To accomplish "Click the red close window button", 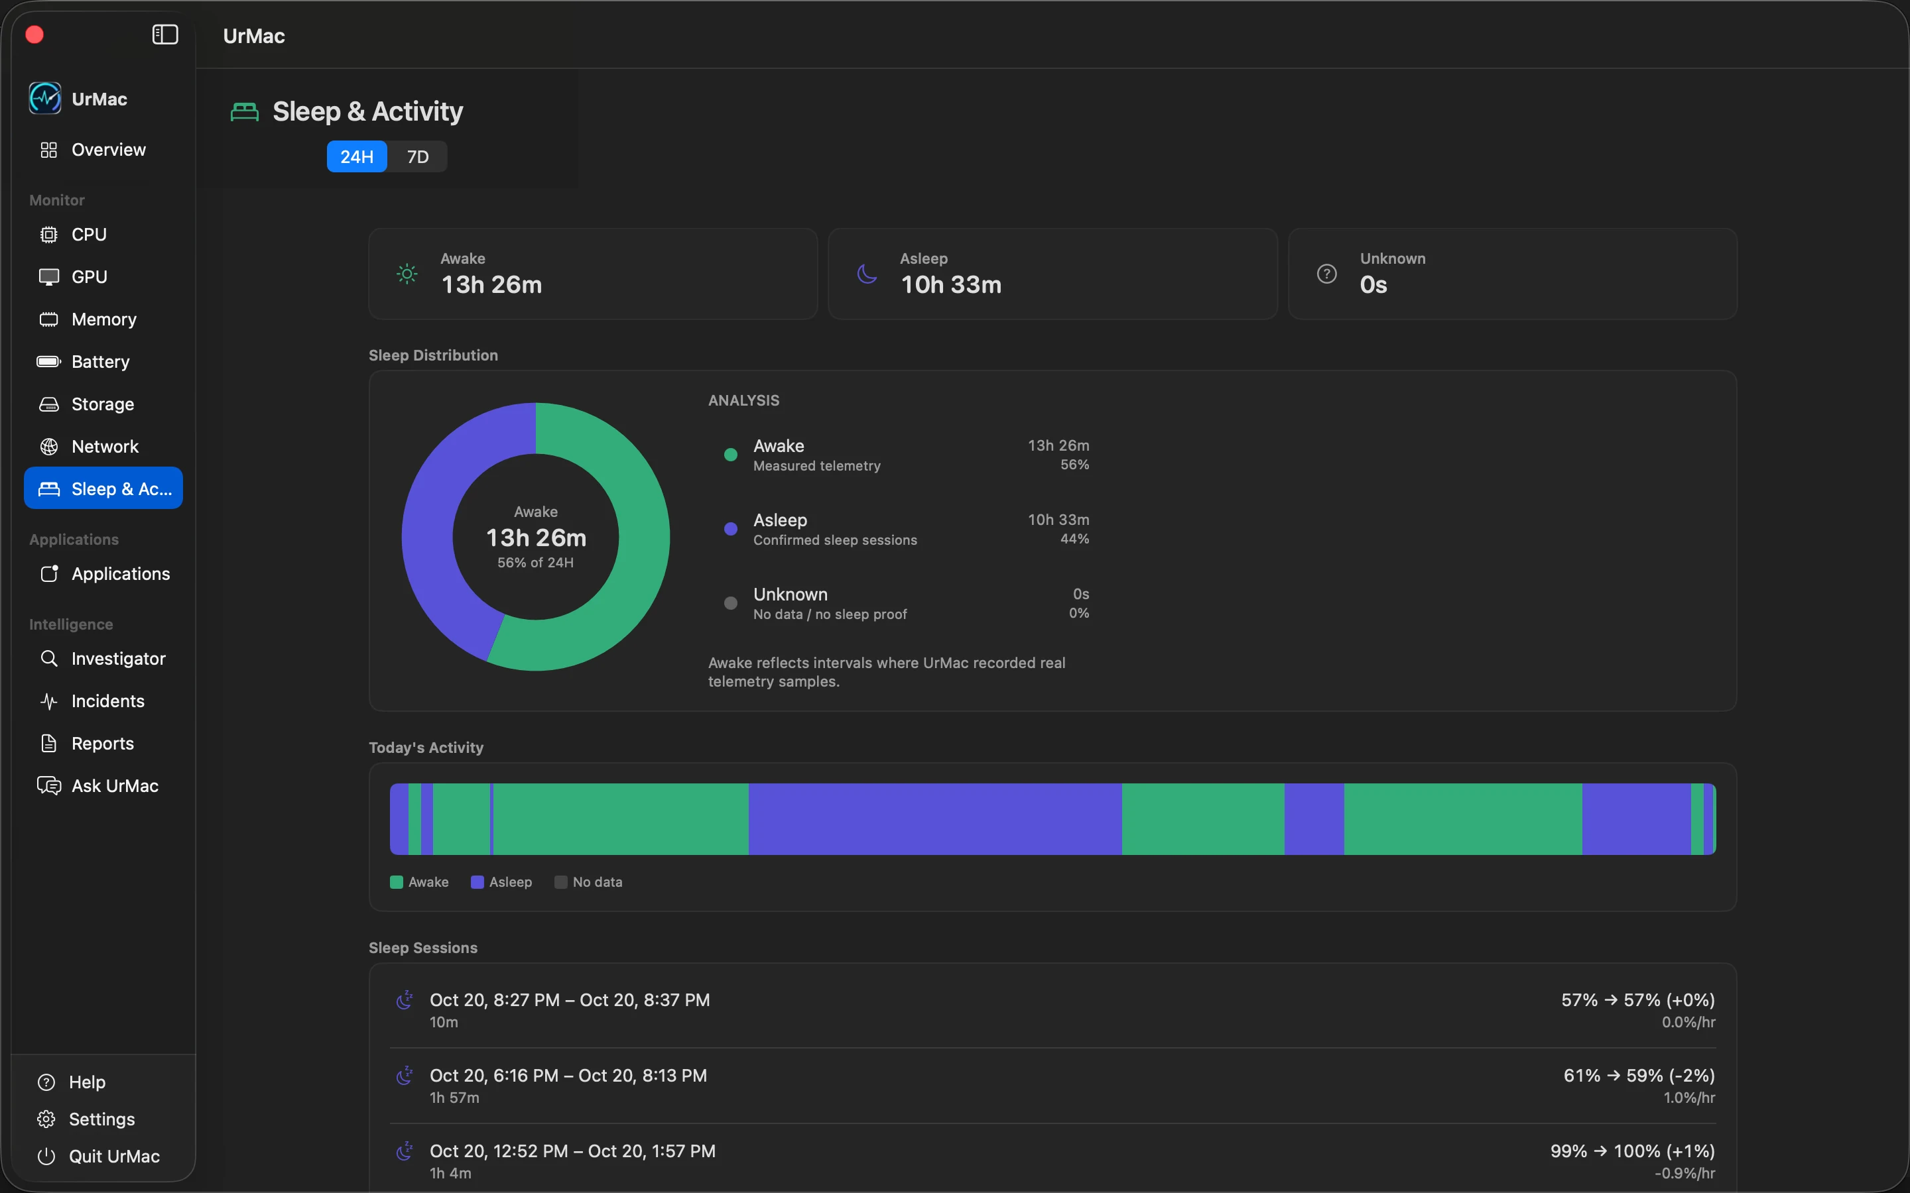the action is pos(34,34).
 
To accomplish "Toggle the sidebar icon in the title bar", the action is pos(165,34).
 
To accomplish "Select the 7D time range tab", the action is pos(418,157).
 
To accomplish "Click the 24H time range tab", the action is pos(357,157).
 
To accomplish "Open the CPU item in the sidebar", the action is pos(88,235).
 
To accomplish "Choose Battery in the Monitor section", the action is pos(100,361).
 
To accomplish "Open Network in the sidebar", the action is pos(105,447).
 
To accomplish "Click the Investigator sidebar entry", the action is pos(119,659).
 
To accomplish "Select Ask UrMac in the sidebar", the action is pos(115,786).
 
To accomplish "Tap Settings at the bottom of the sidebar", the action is pos(102,1119).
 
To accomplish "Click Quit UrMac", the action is pos(113,1156).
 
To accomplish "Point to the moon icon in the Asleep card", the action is pos(867,274).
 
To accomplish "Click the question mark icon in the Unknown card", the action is pos(1327,274).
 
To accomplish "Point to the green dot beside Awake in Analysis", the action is pos(731,455).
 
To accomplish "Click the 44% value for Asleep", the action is pos(1074,539).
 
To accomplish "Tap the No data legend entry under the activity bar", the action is pos(589,882).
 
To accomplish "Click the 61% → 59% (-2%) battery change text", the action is pos(1639,1076).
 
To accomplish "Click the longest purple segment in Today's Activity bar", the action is pos(935,819).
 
